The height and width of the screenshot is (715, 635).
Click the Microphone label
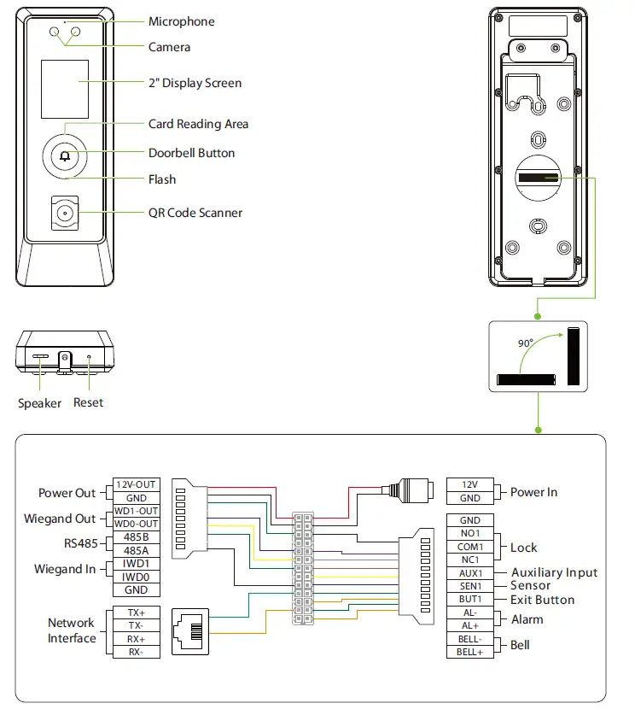coord(181,21)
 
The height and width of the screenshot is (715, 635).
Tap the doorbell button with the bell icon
coord(66,156)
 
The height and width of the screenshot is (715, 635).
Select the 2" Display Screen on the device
coord(65,90)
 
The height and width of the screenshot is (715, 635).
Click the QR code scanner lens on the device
coord(65,213)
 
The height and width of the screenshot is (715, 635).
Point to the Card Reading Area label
coord(198,124)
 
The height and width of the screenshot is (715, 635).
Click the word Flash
coord(162,179)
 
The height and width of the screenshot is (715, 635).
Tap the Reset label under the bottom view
coord(88,402)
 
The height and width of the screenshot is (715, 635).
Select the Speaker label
coord(39,402)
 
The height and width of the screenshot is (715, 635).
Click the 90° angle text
coord(525,343)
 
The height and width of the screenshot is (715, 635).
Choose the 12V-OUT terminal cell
coord(137,485)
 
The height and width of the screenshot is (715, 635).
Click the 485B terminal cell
coord(137,537)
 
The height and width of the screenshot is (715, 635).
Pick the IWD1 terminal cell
coord(137,564)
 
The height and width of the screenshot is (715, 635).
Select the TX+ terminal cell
coord(137,613)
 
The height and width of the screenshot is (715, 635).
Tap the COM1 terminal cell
coord(470,547)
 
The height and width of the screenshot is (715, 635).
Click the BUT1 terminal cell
coord(470,599)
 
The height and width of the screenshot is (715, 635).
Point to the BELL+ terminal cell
coord(470,652)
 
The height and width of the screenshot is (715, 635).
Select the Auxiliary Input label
coord(554,572)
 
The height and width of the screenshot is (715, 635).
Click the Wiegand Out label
coord(60,519)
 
